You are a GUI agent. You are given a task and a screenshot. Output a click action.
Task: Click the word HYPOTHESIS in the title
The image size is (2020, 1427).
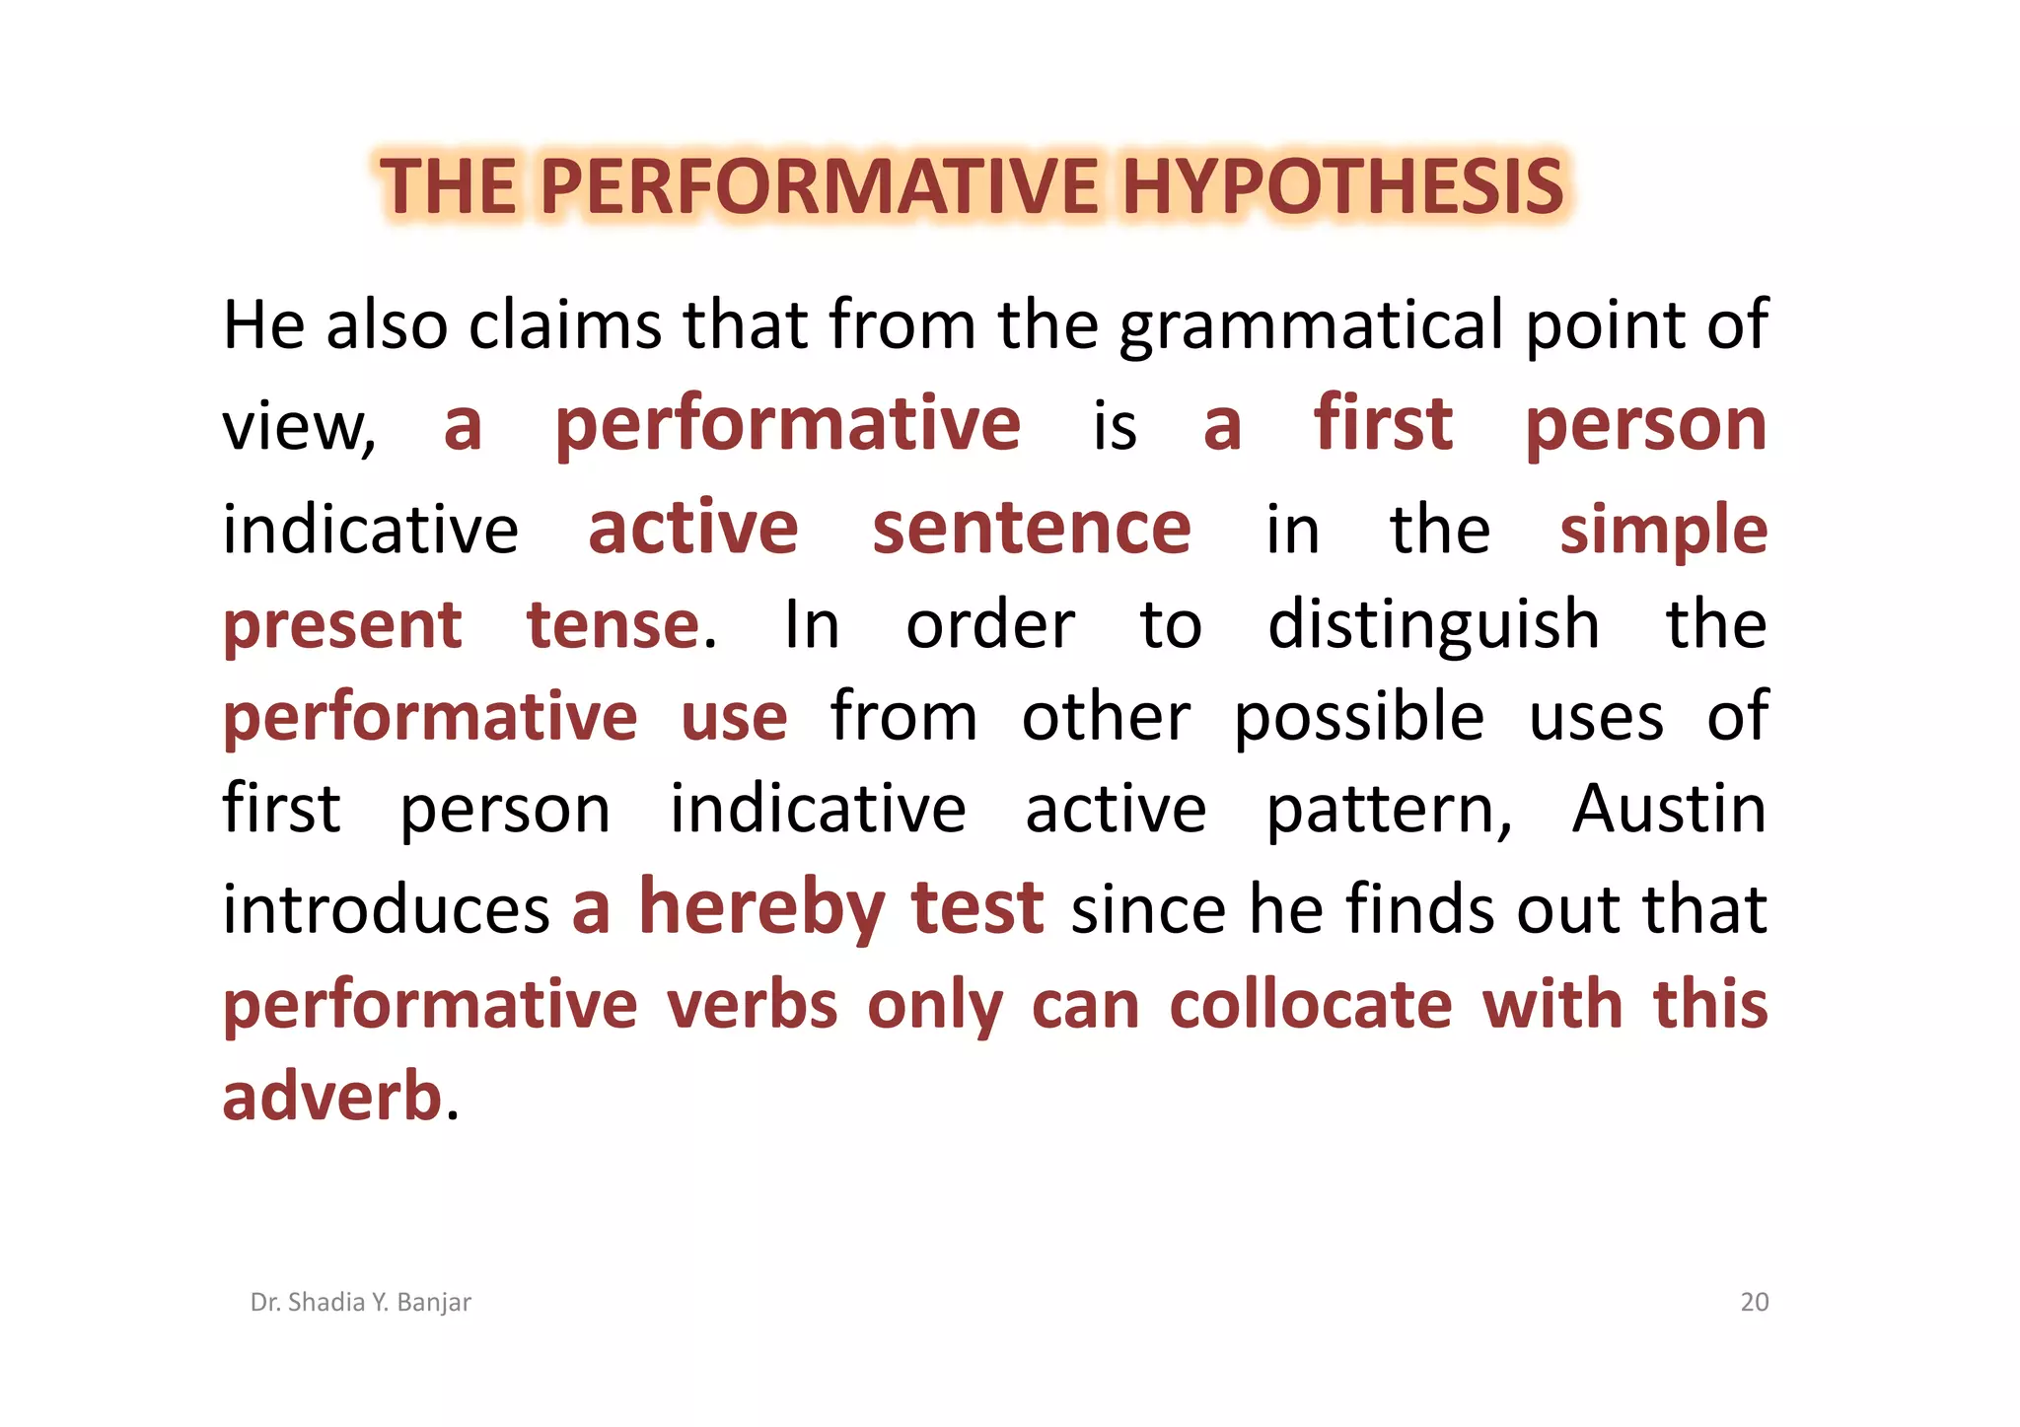click(x=1342, y=186)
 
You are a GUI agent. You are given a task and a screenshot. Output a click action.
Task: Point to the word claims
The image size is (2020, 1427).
click(x=565, y=325)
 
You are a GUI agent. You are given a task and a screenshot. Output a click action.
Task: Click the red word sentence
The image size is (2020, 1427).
click(x=1032, y=529)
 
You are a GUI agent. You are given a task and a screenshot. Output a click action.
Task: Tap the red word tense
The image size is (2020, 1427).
click(x=613, y=625)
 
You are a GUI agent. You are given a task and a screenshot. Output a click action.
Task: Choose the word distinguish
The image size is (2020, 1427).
click(x=1433, y=625)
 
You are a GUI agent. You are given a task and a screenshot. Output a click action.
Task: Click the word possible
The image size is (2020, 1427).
click(x=1359, y=718)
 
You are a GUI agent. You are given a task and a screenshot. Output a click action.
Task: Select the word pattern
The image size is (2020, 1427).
click(x=1388, y=811)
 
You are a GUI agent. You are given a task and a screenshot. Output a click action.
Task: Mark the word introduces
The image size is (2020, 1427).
click(x=386, y=909)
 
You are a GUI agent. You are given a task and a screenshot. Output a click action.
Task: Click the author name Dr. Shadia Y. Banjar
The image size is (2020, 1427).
click(x=361, y=1303)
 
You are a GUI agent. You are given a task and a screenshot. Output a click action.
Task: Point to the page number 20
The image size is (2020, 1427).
click(x=1754, y=1303)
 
